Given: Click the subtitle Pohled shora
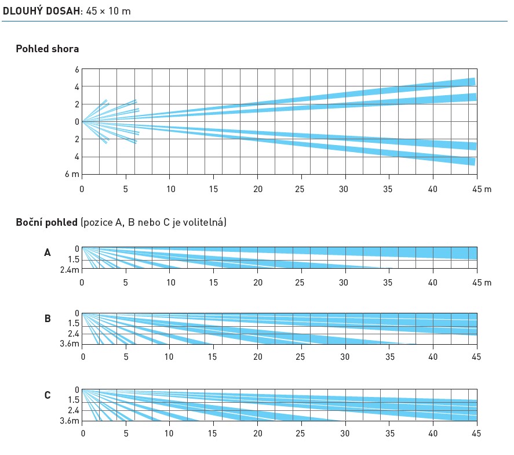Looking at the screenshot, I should coord(48,49).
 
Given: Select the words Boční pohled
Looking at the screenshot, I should coord(47,222).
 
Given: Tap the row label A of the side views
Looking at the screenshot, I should coord(48,252).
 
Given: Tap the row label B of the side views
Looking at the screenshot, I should coord(48,318).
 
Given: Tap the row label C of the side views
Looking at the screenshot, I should coord(48,395).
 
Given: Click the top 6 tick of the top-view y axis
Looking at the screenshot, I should coord(76,70).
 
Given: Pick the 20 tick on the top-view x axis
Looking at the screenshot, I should coord(258,189).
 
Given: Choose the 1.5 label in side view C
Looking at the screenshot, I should coord(73,400).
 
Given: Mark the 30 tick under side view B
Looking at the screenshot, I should coord(345,356).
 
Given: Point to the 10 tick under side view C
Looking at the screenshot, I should coord(170,432).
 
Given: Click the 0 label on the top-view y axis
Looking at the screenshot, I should coord(76,122).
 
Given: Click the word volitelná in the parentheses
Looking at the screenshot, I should coord(204,222).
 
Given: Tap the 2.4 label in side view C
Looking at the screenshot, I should coord(73,410).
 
